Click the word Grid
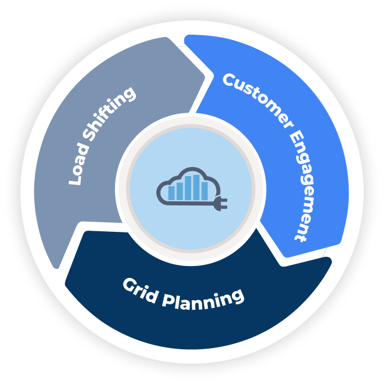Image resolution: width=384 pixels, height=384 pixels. pos(139,287)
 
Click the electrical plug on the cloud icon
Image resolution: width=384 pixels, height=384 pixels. pos(219,204)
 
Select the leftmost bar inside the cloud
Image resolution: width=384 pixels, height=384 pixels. pos(172,192)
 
